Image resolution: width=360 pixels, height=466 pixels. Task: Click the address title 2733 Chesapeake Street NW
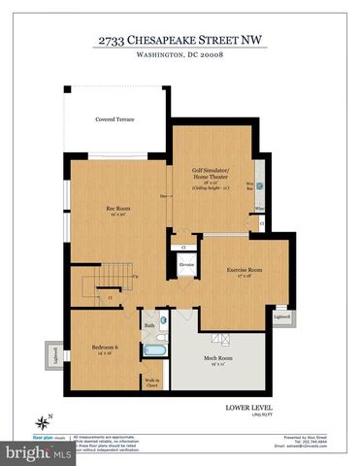pyautogui.click(x=180, y=40)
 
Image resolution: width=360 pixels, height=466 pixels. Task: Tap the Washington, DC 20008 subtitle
pyautogui.click(x=180, y=57)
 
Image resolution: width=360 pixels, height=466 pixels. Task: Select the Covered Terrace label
pyautogui.click(x=115, y=119)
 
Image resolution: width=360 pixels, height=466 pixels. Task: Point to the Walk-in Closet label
pyautogui.click(x=152, y=383)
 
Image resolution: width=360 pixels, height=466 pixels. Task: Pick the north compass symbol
pyautogui.click(x=43, y=420)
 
